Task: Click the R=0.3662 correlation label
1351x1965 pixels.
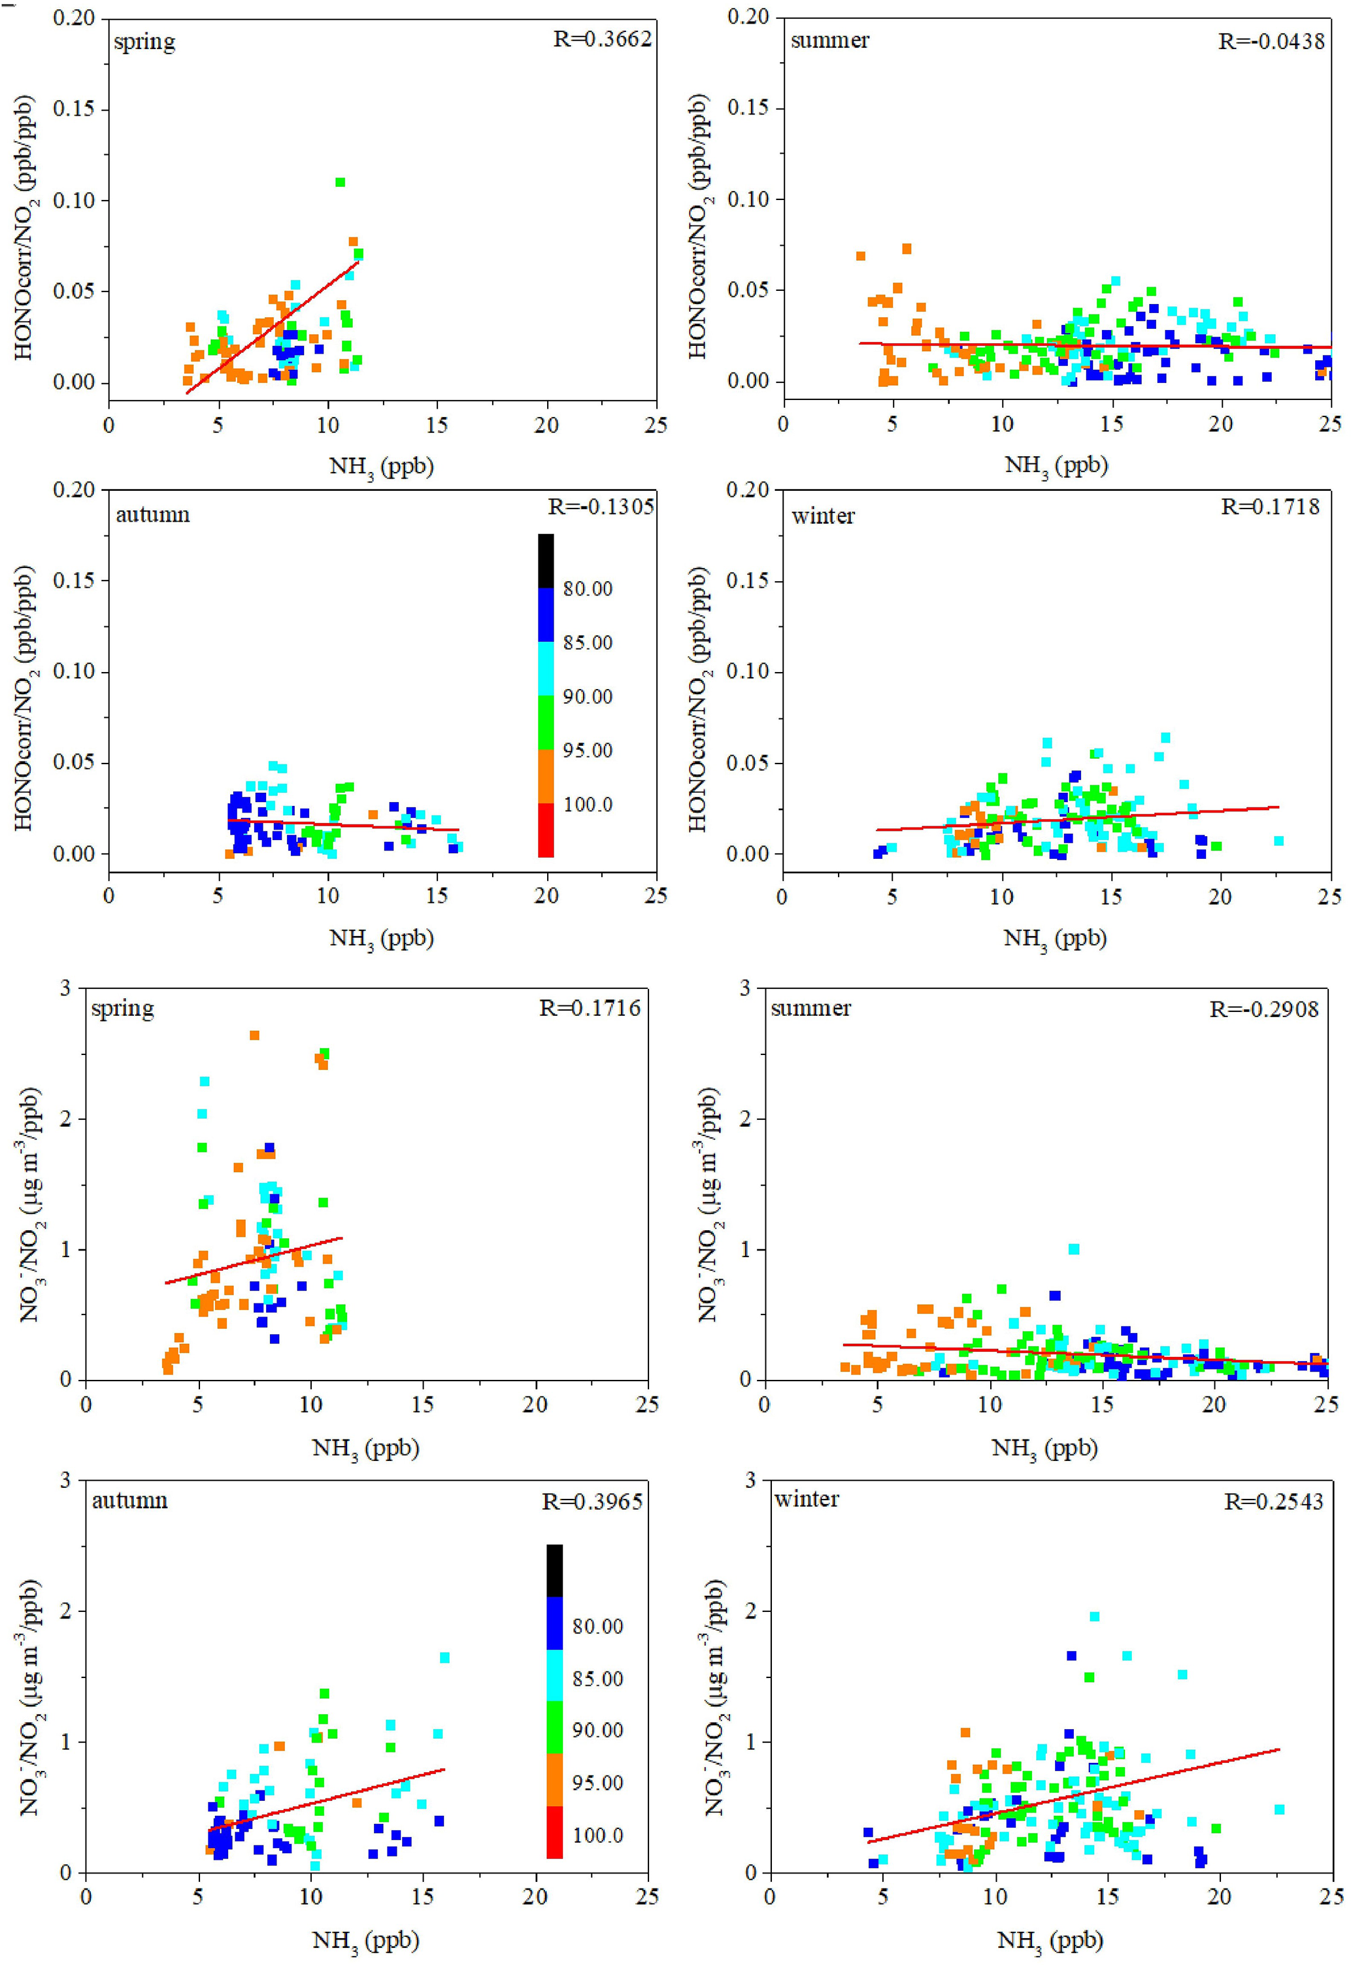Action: click(602, 39)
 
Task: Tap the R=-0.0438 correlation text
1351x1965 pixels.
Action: click(1271, 41)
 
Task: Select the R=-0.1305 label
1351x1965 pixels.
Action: click(600, 506)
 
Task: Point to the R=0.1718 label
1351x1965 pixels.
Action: click(1270, 506)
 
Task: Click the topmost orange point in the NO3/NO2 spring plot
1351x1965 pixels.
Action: click(254, 1035)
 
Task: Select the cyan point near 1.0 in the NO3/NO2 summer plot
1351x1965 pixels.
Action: click(1074, 1249)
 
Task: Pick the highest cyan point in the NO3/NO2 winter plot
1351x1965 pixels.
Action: click(1095, 1616)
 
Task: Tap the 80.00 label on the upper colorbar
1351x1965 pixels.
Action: click(588, 588)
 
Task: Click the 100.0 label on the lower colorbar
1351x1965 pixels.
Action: click(597, 1836)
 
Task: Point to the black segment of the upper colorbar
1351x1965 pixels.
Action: click(546, 560)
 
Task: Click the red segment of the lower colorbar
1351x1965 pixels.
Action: click(554, 1832)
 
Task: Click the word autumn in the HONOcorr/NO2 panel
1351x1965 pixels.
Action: click(152, 514)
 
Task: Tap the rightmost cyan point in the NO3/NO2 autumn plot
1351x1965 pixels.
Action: click(444, 1658)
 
